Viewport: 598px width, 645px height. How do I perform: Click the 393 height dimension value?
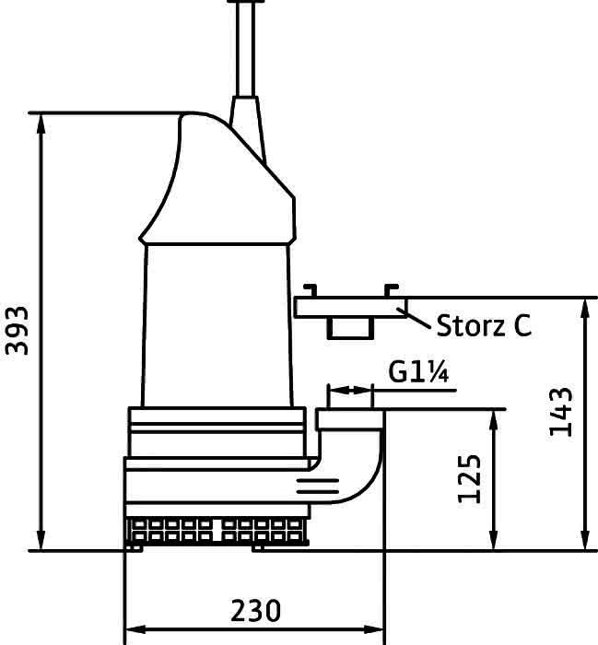[x=18, y=330]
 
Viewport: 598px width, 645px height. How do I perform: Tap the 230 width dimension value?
[x=256, y=611]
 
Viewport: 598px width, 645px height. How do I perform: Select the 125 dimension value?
[x=469, y=479]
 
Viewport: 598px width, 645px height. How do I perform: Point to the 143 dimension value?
[x=561, y=412]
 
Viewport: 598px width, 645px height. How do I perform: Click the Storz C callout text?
[x=484, y=326]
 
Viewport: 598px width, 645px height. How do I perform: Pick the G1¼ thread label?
[x=418, y=371]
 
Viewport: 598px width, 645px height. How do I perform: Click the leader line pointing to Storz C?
[x=414, y=319]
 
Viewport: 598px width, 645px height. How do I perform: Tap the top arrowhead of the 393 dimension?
[x=41, y=123]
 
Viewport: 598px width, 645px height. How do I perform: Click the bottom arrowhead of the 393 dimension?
[x=41, y=540]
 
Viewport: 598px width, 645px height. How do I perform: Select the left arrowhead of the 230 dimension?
[x=135, y=629]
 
